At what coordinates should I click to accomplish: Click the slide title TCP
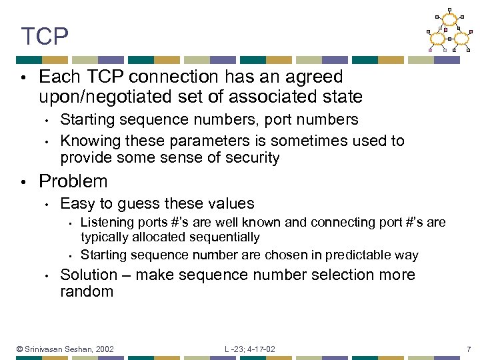click(45, 37)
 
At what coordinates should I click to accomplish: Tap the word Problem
click(73, 181)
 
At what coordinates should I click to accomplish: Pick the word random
click(87, 291)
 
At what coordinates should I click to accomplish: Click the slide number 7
click(469, 349)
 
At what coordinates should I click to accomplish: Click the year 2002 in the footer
click(105, 349)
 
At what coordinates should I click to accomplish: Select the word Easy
click(75, 204)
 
